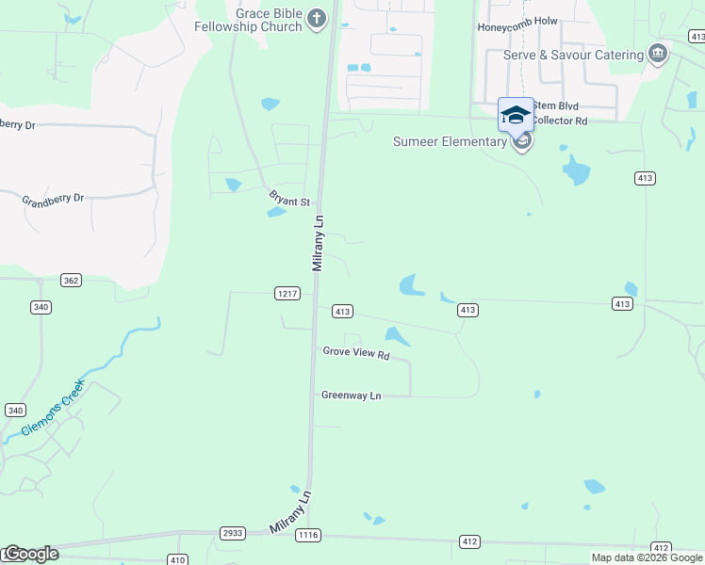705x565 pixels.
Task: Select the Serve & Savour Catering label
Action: (572, 55)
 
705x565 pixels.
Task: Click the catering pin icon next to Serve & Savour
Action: (658, 54)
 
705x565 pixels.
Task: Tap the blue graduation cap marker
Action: (515, 115)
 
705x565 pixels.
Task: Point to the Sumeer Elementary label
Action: (450, 142)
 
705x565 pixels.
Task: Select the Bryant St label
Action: (290, 202)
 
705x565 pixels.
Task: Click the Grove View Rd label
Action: (356, 354)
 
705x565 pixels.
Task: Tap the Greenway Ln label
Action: (351, 395)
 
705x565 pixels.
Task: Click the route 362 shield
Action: (71, 280)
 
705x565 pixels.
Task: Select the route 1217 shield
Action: (287, 293)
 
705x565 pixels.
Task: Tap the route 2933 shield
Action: (233, 533)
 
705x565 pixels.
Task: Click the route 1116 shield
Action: (307, 535)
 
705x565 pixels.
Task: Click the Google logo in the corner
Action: (31, 554)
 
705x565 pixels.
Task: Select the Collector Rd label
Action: (562, 121)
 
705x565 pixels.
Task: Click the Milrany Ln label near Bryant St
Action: (319, 243)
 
